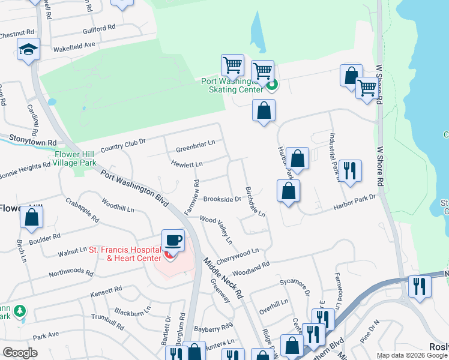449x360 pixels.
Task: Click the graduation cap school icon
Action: pos(28,50)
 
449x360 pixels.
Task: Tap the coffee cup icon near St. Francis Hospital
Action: pos(173,240)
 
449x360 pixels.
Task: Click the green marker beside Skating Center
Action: pos(272,85)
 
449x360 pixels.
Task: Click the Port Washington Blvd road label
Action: pos(134,187)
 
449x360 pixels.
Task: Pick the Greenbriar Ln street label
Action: pos(195,149)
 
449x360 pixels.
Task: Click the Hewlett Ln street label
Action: pos(187,163)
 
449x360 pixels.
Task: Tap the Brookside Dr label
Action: pos(221,199)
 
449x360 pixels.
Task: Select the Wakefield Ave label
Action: pos(74,45)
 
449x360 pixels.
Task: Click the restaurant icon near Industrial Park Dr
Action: pos(349,170)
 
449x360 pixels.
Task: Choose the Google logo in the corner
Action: pos(20,353)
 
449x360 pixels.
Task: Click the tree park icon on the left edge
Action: pos(21,311)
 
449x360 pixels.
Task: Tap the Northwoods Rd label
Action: pos(71,273)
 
